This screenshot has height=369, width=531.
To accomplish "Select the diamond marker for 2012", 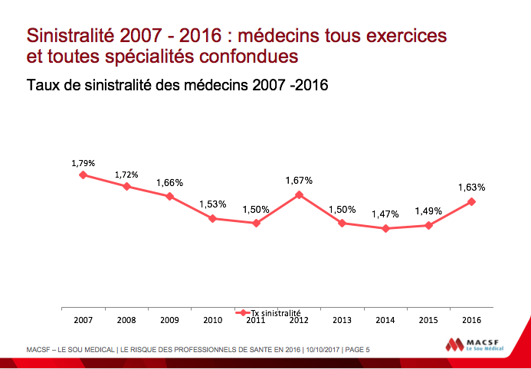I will [299, 194].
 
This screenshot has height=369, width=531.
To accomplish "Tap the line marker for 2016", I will [472, 201].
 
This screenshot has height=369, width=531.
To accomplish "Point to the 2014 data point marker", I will [385, 228].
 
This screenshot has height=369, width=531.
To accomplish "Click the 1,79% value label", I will [83, 163].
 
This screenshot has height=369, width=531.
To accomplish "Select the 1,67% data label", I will [299, 180].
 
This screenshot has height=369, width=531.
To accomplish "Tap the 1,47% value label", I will [385, 214].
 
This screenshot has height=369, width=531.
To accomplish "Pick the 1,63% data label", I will [472, 187].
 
